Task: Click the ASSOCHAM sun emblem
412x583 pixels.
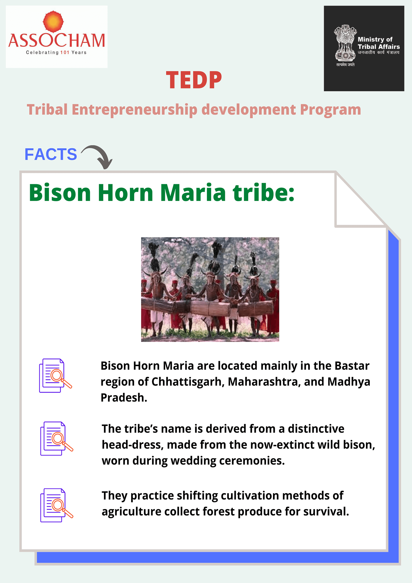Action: pyautogui.click(x=53, y=22)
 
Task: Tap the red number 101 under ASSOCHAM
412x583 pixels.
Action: pyautogui.click(x=65, y=52)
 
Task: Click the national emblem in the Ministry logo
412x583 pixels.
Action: pyautogui.click(x=345, y=43)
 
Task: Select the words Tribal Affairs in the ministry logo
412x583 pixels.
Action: pyautogui.click(x=379, y=47)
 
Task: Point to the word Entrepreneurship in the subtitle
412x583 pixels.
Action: pyautogui.click(x=135, y=110)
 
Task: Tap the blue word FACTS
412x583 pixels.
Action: pyautogui.click(x=51, y=154)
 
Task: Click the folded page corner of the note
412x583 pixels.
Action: pyautogui.click(x=360, y=200)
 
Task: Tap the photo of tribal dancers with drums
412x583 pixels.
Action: pyautogui.click(x=210, y=289)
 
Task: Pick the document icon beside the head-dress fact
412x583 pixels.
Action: pyautogui.click(x=57, y=438)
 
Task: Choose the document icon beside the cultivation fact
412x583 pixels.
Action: pyautogui.click(x=57, y=505)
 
